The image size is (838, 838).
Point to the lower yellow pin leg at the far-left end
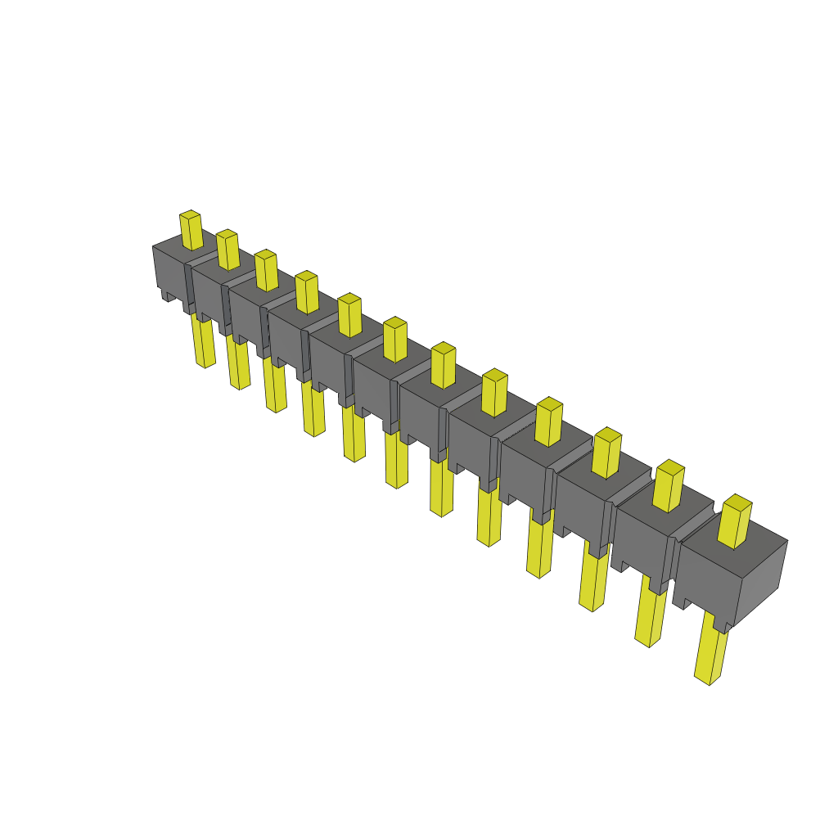(203, 342)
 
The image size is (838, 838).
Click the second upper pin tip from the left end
(228, 250)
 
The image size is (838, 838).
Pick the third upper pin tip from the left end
(266, 270)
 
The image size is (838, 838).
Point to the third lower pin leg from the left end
(275, 388)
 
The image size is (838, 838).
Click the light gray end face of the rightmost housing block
(761, 581)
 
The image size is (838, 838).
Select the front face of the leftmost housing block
(169, 270)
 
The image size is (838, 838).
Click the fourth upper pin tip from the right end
(549, 421)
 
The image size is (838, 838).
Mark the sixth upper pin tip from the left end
(395, 340)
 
